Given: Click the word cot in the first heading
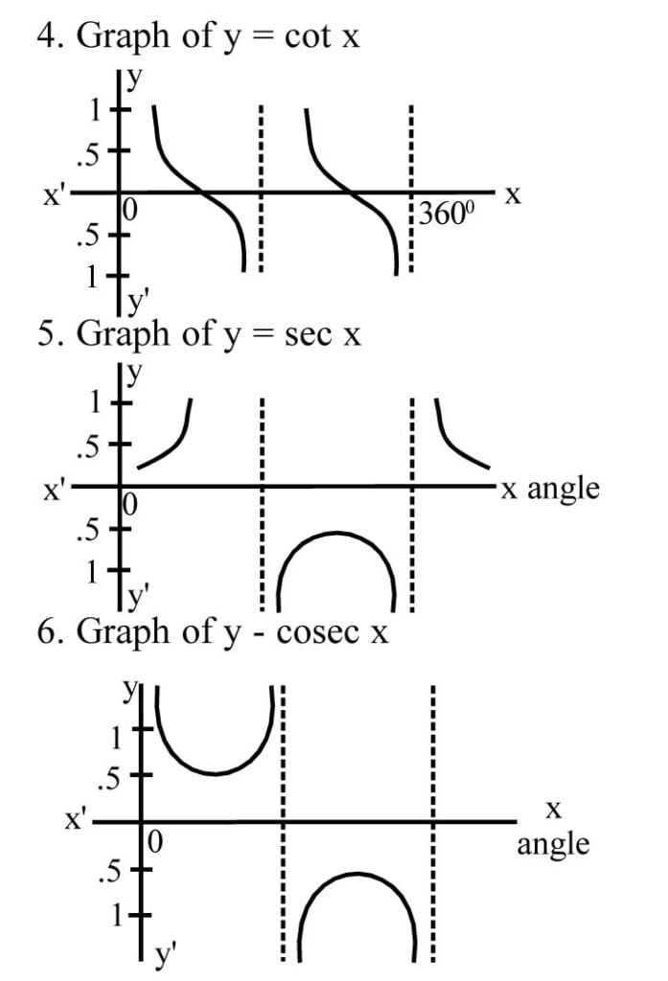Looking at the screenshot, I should click(307, 36).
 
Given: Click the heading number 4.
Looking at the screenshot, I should click(46, 36).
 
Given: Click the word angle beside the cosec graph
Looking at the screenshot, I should click(553, 845).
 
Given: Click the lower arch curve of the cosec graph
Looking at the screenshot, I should click(357, 875).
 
